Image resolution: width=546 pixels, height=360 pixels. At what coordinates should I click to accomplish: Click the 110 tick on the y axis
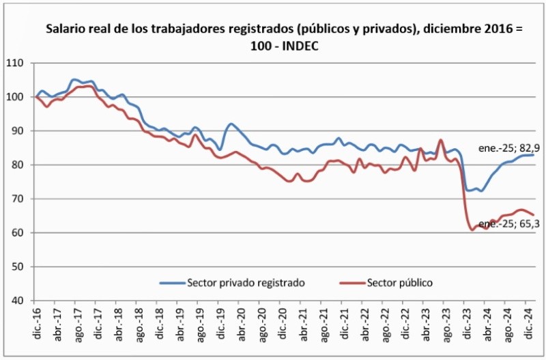[x=14, y=63]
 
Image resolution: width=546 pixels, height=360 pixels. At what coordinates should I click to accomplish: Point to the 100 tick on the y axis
[x=14, y=97]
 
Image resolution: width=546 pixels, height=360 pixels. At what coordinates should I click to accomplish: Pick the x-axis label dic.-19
[x=220, y=322]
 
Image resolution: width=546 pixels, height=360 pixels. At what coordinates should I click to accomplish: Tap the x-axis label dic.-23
[x=465, y=322]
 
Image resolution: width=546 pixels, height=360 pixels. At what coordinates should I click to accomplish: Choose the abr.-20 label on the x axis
[x=240, y=322]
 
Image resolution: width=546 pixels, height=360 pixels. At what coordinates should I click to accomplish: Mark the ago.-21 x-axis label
[x=322, y=322]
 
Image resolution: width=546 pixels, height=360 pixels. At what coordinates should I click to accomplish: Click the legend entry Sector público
[x=400, y=281]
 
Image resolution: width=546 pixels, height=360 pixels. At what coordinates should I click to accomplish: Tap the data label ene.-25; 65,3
[x=506, y=224]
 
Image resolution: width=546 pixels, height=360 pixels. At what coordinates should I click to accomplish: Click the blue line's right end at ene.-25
[x=533, y=155]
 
